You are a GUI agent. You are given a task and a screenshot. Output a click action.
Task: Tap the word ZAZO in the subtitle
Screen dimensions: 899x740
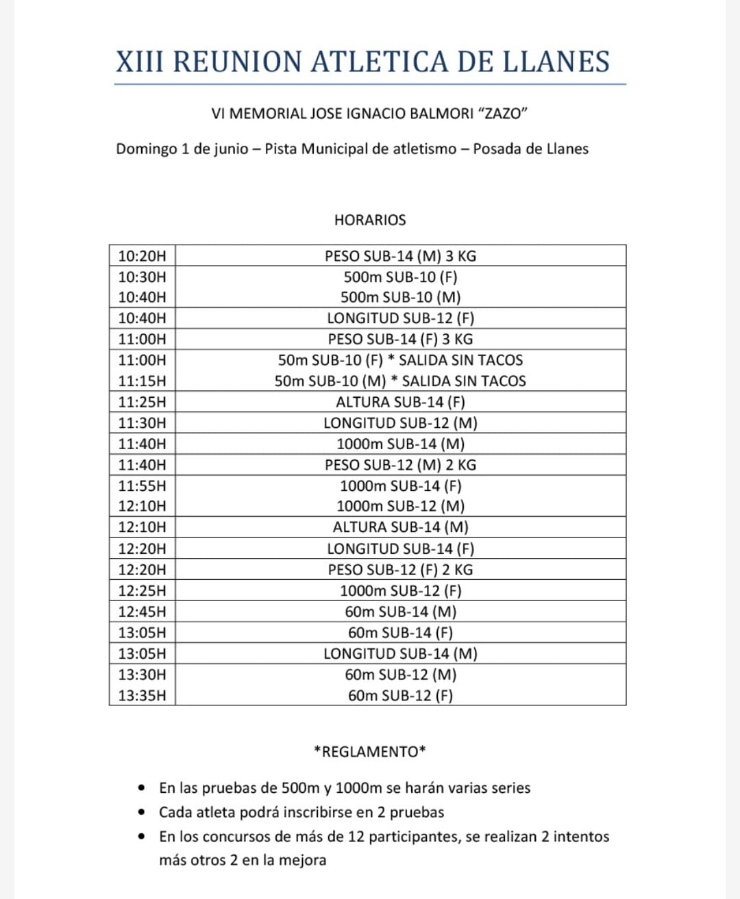pyautogui.click(x=503, y=114)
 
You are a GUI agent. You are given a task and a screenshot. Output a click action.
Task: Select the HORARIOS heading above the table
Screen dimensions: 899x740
pyautogui.click(x=370, y=220)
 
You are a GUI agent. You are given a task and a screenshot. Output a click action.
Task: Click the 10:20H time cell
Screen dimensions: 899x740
pyautogui.click(x=142, y=256)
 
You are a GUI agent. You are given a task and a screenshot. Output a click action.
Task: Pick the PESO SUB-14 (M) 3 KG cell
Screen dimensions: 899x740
pyautogui.click(x=400, y=256)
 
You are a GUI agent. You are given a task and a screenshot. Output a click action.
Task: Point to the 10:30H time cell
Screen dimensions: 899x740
pyautogui.click(x=142, y=277)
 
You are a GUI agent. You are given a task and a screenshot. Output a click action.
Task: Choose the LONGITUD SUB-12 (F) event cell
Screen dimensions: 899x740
pyautogui.click(x=400, y=318)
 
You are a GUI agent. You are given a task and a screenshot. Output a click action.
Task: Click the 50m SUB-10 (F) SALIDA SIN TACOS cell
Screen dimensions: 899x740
pyautogui.click(x=400, y=360)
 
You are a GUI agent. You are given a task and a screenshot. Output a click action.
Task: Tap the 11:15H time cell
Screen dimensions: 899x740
pyautogui.click(x=142, y=381)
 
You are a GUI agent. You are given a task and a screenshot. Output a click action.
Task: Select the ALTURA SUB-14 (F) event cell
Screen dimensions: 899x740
pyautogui.click(x=400, y=402)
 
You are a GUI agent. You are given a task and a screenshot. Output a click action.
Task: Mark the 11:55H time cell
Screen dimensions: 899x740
pyautogui.click(x=142, y=485)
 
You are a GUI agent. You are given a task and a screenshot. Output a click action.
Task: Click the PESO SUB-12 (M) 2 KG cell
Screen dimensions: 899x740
pyautogui.click(x=400, y=465)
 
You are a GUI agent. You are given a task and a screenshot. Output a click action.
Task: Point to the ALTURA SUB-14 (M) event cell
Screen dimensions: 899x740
pyautogui.click(x=400, y=527)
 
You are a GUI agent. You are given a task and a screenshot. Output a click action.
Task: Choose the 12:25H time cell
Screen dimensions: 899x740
pyautogui.click(x=142, y=590)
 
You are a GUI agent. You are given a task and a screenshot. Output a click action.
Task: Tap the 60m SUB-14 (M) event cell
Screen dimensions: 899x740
pyautogui.click(x=400, y=611)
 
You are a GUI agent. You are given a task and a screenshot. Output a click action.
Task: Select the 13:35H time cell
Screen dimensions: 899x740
pyautogui.click(x=142, y=696)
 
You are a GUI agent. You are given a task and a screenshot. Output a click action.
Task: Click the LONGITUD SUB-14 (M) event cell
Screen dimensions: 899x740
pyautogui.click(x=400, y=653)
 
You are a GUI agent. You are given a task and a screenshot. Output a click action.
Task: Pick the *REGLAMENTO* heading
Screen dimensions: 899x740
pyautogui.click(x=370, y=752)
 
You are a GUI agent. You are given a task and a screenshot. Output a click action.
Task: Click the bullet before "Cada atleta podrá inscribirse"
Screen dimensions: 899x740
pyautogui.click(x=142, y=812)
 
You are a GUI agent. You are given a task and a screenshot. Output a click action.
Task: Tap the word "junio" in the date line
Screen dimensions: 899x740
pyautogui.click(x=230, y=149)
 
